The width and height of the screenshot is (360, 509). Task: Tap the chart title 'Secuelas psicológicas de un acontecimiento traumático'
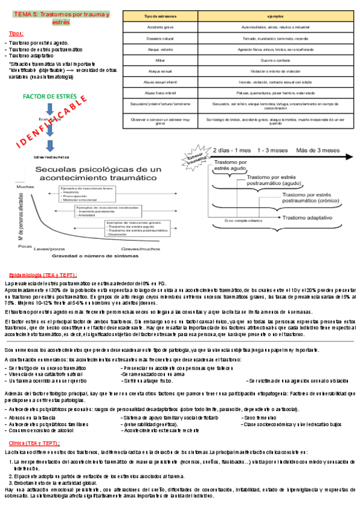click(99, 175)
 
